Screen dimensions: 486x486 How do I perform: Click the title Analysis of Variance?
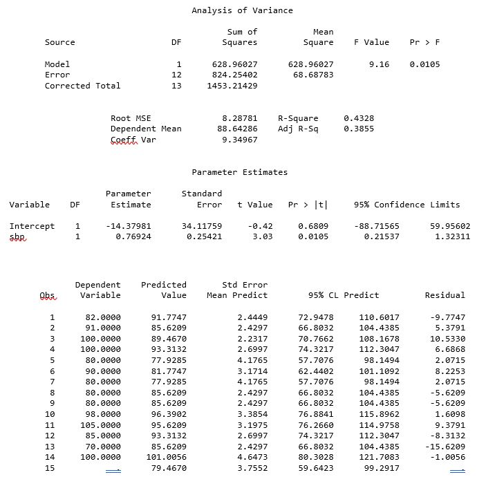coord(242,10)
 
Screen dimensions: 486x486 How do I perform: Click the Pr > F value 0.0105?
coord(424,64)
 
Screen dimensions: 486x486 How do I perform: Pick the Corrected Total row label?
coord(82,86)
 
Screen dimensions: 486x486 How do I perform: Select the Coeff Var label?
coord(133,140)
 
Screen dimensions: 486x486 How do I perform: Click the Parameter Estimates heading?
coord(239,172)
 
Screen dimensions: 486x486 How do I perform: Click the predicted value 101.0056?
coord(166,457)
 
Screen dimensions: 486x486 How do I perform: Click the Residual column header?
coord(445,295)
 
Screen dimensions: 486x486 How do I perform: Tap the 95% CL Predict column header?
coord(344,295)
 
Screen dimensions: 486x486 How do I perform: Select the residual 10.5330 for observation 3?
coord(447,339)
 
